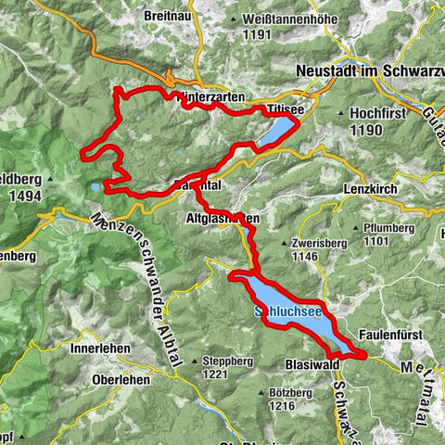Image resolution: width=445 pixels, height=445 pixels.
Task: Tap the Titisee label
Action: (285, 109)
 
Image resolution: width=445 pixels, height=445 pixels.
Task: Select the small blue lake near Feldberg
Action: (95, 188)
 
